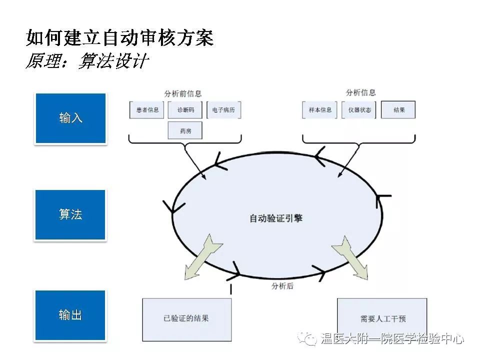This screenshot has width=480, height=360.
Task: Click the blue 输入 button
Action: click(70, 118)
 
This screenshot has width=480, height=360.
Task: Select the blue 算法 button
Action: click(70, 215)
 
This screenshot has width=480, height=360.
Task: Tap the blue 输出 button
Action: click(70, 315)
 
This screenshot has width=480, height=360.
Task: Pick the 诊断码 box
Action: click(185, 110)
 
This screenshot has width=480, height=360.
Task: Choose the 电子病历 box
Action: click(223, 110)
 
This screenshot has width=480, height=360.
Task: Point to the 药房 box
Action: click(185, 130)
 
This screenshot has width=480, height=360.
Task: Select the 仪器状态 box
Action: click(358, 110)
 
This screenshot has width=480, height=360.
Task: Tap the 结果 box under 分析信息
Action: click(398, 110)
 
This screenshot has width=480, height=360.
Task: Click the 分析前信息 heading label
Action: click(183, 93)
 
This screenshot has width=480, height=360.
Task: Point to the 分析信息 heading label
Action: click(360, 93)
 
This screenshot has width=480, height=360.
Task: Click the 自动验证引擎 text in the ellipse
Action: click(276, 218)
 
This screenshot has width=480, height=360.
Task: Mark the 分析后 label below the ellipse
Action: click(282, 286)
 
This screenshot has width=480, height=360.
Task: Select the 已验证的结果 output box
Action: click(186, 318)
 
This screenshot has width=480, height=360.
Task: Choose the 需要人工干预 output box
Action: click(382, 319)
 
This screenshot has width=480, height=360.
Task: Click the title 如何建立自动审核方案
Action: click(120, 38)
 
